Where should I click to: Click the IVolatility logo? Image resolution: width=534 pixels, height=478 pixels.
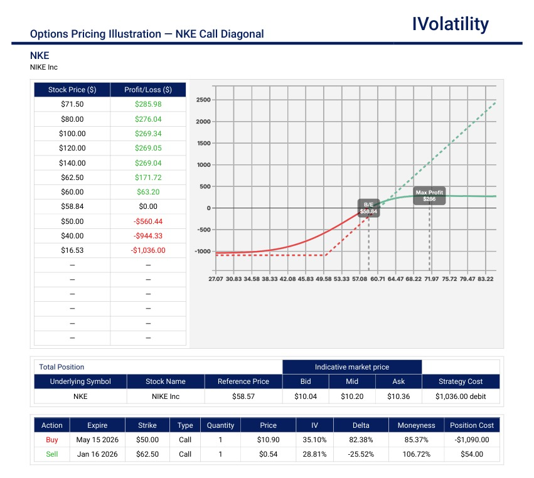[450, 24]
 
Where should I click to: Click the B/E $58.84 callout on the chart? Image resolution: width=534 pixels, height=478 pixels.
[368, 208]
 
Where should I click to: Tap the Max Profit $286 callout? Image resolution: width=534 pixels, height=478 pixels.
[429, 196]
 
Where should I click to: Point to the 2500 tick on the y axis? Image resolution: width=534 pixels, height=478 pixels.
[203, 100]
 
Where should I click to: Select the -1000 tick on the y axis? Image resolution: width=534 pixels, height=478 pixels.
[202, 251]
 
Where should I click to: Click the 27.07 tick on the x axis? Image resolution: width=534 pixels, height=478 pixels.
[216, 278]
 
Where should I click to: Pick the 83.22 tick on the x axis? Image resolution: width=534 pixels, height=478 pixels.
[484, 278]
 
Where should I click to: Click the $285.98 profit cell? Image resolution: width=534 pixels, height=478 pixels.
[148, 104]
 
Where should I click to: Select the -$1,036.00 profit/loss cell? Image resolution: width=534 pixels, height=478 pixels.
[148, 250]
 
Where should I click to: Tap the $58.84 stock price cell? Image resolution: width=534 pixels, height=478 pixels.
[72, 206]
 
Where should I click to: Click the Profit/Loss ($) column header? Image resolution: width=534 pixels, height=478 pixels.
[148, 90]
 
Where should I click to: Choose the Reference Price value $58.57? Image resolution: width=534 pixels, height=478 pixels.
[243, 396]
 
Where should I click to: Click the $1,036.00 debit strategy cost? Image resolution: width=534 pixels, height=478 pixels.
[461, 396]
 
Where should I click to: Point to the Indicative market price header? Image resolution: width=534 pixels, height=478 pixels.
[352, 367]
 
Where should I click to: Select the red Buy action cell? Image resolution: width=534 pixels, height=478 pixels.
[52, 440]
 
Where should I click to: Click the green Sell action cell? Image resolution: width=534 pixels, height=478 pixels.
[52, 454]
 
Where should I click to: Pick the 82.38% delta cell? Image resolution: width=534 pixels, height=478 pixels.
[361, 440]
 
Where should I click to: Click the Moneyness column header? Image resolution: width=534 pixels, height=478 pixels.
[416, 425]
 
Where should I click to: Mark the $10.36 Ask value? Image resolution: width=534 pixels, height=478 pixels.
[398, 396]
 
